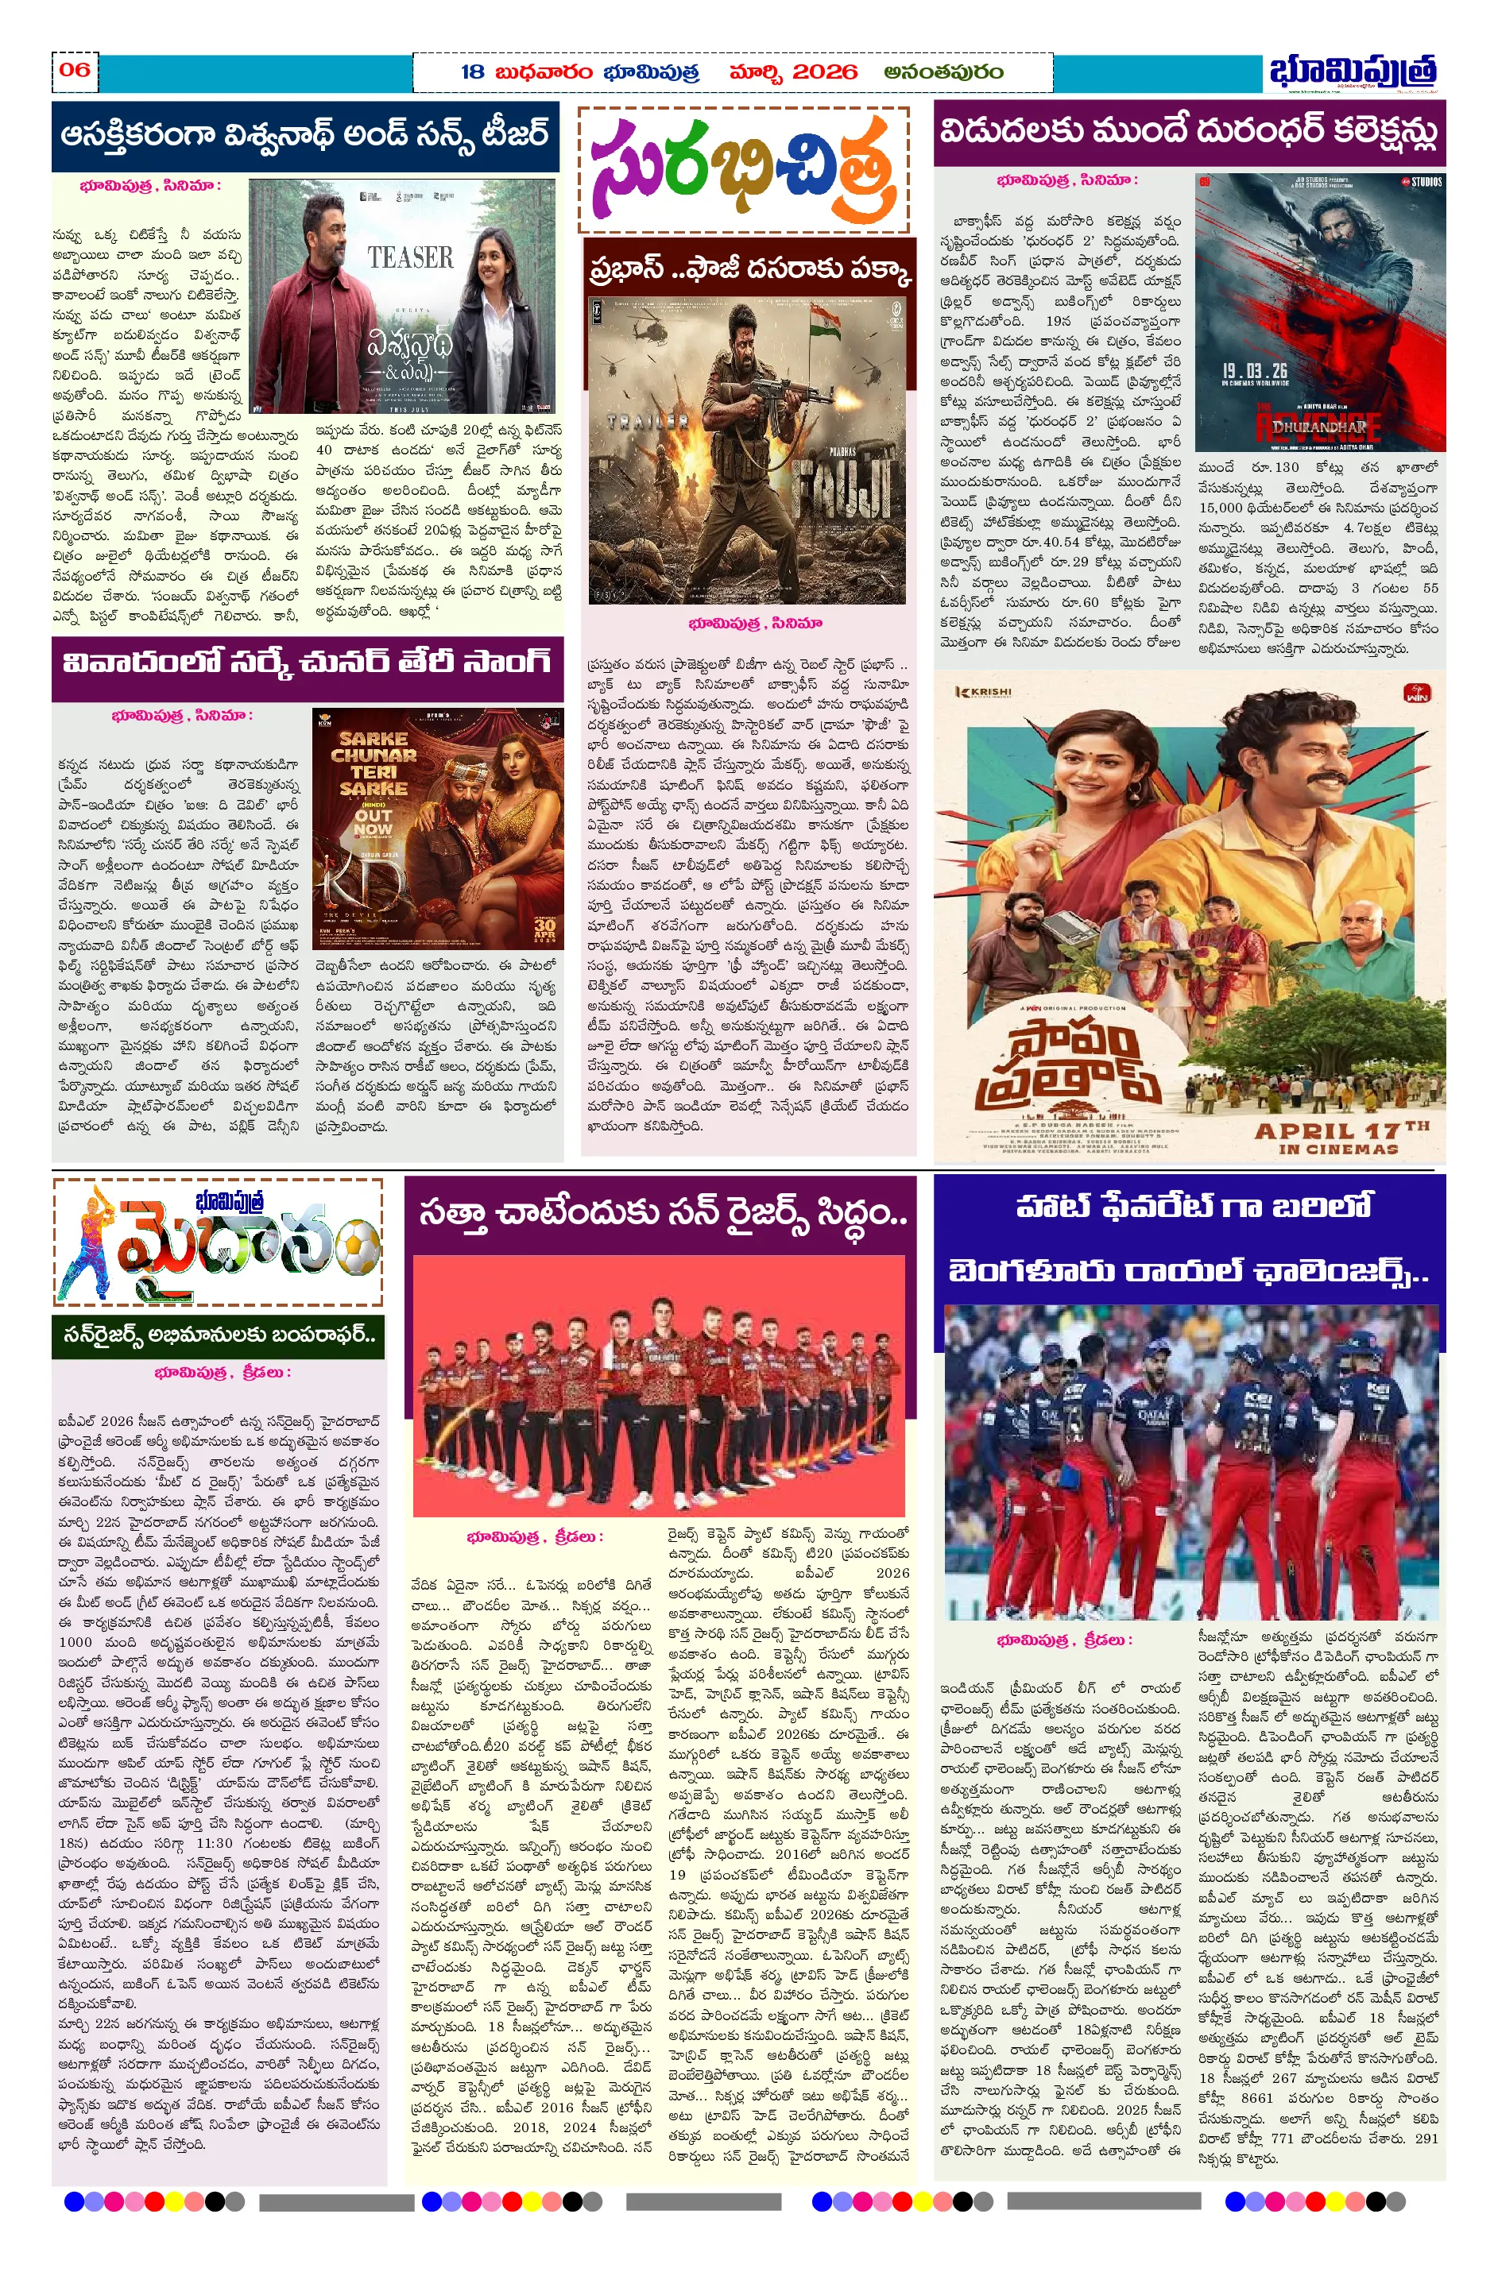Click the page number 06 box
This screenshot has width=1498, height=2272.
click(75, 70)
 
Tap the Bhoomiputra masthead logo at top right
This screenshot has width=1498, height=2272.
click(1352, 72)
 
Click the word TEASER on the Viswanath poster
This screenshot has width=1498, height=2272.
click(410, 258)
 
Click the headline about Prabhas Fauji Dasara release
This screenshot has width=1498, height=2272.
click(750, 269)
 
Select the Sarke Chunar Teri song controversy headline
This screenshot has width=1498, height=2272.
click(307, 663)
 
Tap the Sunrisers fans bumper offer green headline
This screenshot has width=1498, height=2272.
click(219, 1335)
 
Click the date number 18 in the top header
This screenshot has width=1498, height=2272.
click(472, 71)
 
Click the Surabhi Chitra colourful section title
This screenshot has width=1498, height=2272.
click(743, 169)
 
